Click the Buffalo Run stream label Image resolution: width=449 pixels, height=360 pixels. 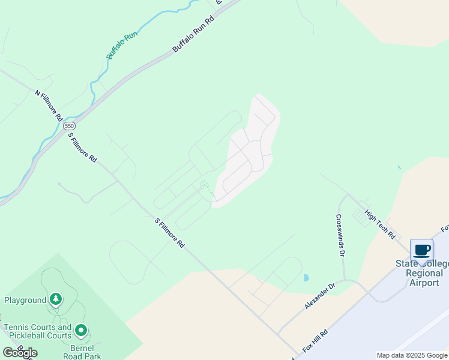click(x=122, y=45)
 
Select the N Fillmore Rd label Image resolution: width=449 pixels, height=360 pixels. click(x=49, y=106)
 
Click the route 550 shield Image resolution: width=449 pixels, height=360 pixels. click(x=70, y=125)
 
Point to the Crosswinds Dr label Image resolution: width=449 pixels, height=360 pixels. click(x=340, y=236)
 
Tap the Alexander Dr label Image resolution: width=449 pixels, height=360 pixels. click(x=319, y=297)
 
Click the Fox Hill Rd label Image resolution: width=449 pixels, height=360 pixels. click(x=315, y=341)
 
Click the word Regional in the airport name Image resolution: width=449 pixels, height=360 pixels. click(x=424, y=273)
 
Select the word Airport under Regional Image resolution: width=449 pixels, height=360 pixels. click(x=424, y=283)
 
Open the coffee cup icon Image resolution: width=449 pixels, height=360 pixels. click(x=421, y=250)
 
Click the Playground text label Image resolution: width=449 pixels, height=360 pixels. click(x=25, y=300)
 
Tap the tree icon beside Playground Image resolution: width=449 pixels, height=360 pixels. click(x=56, y=298)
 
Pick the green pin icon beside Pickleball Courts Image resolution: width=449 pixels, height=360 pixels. click(x=81, y=330)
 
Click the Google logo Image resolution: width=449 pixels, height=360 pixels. click(x=20, y=353)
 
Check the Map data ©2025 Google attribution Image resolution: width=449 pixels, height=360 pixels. click(x=412, y=355)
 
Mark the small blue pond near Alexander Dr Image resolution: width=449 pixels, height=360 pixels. click(x=306, y=278)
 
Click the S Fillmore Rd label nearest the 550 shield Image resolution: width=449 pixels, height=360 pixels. click(x=82, y=148)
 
